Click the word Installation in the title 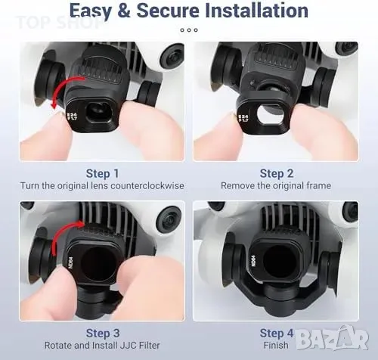256,11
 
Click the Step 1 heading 102,173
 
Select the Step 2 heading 277,173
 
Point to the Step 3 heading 103,333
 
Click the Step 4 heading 277,333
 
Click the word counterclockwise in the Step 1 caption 147,186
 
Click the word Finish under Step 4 276,345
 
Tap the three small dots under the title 189,30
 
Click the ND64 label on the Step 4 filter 253,261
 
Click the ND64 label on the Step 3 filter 70,262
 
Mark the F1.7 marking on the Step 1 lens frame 74,117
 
